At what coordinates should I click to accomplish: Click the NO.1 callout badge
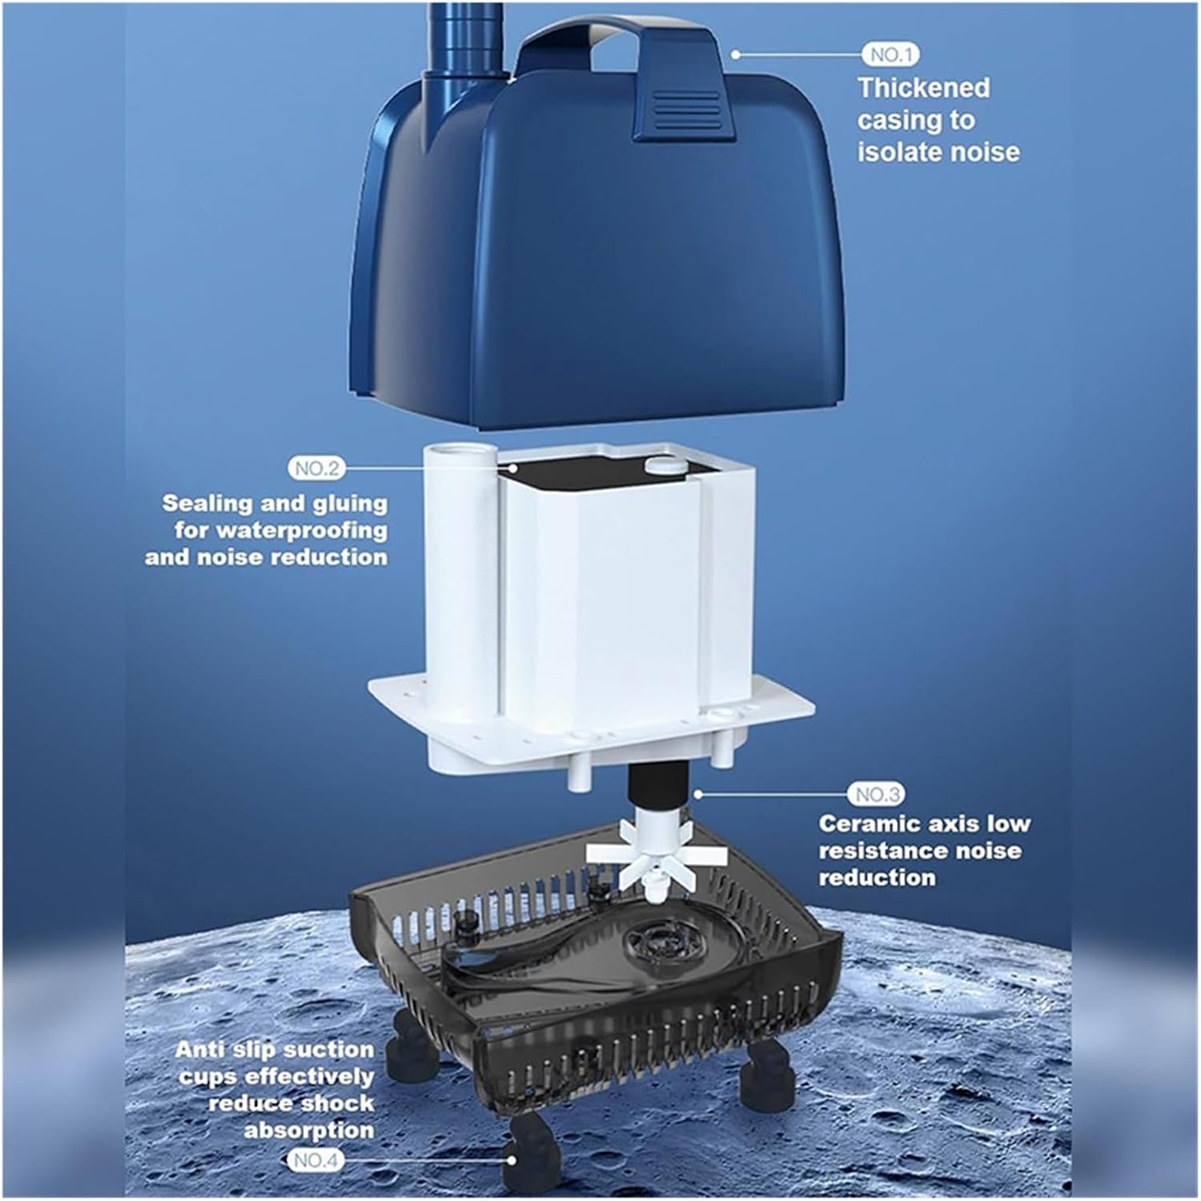point(890,54)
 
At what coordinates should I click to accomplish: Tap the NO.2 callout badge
point(316,468)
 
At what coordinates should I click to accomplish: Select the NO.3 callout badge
point(875,794)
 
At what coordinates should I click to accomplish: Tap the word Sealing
point(207,503)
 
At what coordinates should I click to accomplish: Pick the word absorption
point(308,1131)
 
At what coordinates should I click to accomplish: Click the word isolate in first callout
point(892,152)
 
